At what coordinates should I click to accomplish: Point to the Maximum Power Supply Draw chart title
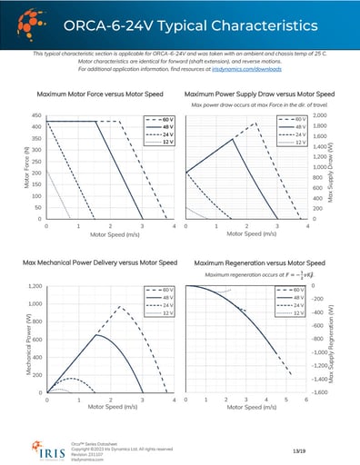coord(259,94)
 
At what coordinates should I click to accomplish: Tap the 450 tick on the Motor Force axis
coord(35,115)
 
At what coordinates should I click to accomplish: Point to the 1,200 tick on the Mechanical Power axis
coord(32,286)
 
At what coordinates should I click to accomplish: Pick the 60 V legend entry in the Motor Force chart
coord(157,119)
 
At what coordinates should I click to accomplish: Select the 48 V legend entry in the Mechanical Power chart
coord(157,296)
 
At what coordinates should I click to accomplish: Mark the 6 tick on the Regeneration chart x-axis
coord(297,401)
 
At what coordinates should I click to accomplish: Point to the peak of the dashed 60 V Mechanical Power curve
coord(116,307)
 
